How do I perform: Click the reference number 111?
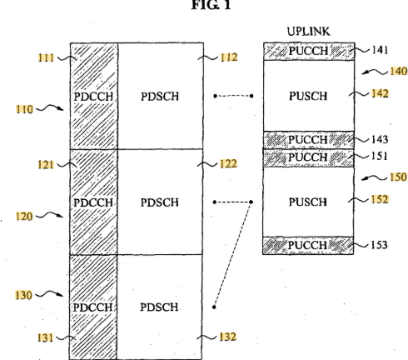click(46, 57)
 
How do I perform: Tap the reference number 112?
click(229, 57)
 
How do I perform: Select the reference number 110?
click(24, 109)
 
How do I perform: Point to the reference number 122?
click(229, 163)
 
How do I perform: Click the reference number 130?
click(23, 295)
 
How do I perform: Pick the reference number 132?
click(228, 337)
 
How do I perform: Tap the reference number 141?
click(380, 50)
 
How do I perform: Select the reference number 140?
click(399, 71)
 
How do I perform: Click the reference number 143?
click(380, 139)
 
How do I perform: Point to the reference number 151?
click(380, 156)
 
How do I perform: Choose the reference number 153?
click(379, 245)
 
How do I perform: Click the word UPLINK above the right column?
click(309, 32)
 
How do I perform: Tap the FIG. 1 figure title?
click(211, 5)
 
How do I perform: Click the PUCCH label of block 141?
click(309, 51)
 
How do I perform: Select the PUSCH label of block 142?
click(308, 96)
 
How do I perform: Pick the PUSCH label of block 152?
click(308, 202)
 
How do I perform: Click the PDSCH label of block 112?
click(160, 97)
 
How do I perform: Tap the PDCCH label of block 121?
click(93, 202)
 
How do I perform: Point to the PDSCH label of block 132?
click(159, 307)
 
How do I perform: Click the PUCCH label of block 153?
click(308, 245)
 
